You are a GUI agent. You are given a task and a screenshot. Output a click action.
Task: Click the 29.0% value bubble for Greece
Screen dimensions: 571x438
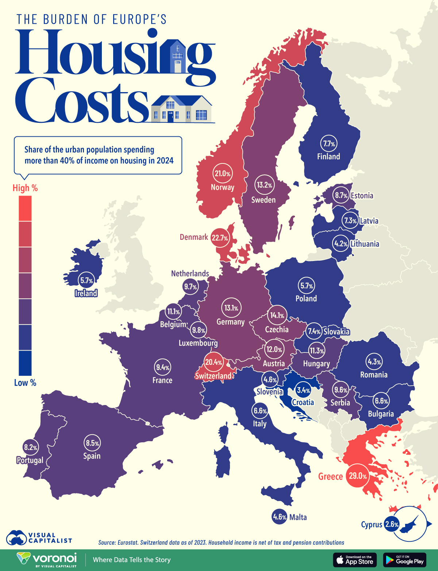tap(357, 476)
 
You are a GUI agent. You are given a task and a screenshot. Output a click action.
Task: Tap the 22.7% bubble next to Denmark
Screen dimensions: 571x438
tap(220, 238)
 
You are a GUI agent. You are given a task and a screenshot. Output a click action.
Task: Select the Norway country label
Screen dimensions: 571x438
tap(222, 187)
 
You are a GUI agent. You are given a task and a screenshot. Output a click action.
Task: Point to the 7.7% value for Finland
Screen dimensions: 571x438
tap(328, 144)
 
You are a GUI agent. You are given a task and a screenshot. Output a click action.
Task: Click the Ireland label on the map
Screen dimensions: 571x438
tap(86, 293)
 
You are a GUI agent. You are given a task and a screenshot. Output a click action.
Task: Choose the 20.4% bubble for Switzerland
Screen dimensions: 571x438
tap(214, 362)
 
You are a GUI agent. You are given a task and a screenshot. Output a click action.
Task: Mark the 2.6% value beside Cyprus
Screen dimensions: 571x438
tap(392, 524)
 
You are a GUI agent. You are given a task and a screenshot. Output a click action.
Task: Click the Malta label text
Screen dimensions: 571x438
tap(298, 517)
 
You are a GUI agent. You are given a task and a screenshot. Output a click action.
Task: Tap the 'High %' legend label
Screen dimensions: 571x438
tap(25, 188)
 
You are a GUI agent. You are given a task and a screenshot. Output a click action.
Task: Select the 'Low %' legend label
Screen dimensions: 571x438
tap(25, 383)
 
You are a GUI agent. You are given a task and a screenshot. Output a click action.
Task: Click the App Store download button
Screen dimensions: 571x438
tap(354, 560)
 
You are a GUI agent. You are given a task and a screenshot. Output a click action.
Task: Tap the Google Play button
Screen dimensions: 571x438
tap(405, 560)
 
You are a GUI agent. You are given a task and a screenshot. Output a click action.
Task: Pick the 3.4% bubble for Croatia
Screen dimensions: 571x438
tap(303, 390)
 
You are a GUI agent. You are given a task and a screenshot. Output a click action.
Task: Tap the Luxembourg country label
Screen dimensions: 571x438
tap(198, 343)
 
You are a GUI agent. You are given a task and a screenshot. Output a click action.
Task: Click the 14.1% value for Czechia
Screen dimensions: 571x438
tap(277, 315)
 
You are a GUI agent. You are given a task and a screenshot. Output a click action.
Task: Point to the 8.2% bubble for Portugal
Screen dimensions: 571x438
tap(30, 447)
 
